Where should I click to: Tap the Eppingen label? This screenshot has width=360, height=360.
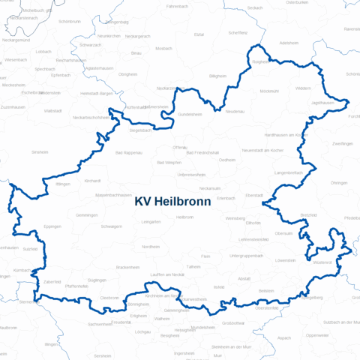pos(52,226)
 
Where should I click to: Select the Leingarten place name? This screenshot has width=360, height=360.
pos(151,222)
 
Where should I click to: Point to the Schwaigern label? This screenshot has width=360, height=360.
pos(111,226)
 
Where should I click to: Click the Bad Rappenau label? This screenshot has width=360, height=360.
pos(130,152)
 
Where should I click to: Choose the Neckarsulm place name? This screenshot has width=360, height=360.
pos(210,187)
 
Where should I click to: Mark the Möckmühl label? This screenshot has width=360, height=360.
pos(268,91)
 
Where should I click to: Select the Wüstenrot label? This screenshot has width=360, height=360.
pos(322,262)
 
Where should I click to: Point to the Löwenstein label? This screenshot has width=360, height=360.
pos(286,260)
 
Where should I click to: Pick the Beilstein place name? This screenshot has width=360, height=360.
pos(266,290)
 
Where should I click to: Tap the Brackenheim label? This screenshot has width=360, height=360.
pos(128,267)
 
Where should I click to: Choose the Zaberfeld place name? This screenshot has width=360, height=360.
pos(52,281)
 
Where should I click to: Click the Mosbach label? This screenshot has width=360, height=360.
pos(163,48)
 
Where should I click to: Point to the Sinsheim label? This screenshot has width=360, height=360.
pos(39,151)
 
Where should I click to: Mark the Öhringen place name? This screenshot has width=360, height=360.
pos(339,182)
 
